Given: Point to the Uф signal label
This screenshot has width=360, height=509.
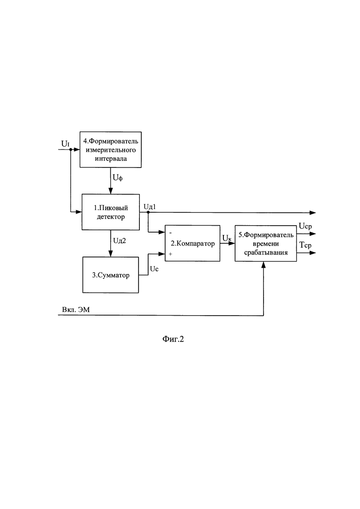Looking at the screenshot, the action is [x=118, y=178].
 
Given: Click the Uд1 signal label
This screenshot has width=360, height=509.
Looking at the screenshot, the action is [x=150, y=206].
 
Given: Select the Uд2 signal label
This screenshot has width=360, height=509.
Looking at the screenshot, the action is [x=120, y=240].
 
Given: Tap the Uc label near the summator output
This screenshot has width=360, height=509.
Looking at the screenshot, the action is [x=154, y=269].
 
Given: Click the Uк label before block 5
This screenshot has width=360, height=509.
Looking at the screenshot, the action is [x=227, y=238].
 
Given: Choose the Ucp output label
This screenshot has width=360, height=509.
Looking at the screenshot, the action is [x=305, y=226].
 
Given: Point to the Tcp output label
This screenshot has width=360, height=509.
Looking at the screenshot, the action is [x=305, y=245].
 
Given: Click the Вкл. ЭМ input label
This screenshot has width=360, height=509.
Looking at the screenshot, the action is [x=76, y=310].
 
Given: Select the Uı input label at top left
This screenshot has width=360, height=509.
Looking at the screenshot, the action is [x=65, y=144].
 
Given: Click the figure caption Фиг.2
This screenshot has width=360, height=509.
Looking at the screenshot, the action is [x=173, y=339].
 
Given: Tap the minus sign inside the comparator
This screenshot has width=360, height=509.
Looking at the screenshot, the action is [x=171, y=233].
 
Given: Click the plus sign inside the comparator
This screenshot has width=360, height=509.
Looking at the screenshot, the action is [x=170, y=254].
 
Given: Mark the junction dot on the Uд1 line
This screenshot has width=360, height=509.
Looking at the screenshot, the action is [x=148, y=212].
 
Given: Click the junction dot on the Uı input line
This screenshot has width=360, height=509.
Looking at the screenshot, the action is [x=71, y=150].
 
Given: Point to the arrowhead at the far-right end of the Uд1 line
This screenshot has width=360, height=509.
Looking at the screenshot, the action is [x=313, y=213].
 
